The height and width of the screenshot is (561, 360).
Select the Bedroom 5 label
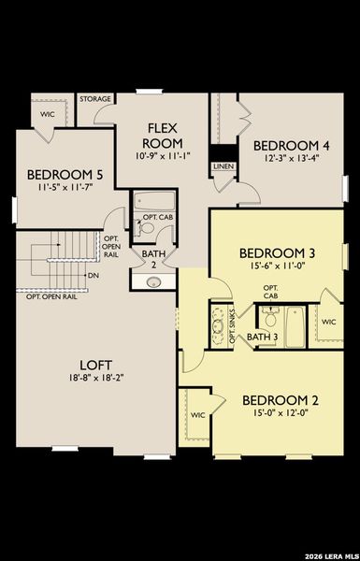(x=64, y=174)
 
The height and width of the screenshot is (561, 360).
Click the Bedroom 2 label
(x=281, y=400)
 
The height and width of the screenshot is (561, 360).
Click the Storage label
(x=94, y=98)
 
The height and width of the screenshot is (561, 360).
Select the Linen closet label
(x=222, y=165)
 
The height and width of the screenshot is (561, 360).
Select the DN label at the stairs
(x=94, y=276)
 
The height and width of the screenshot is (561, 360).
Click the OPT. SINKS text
(x=233, y=324)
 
